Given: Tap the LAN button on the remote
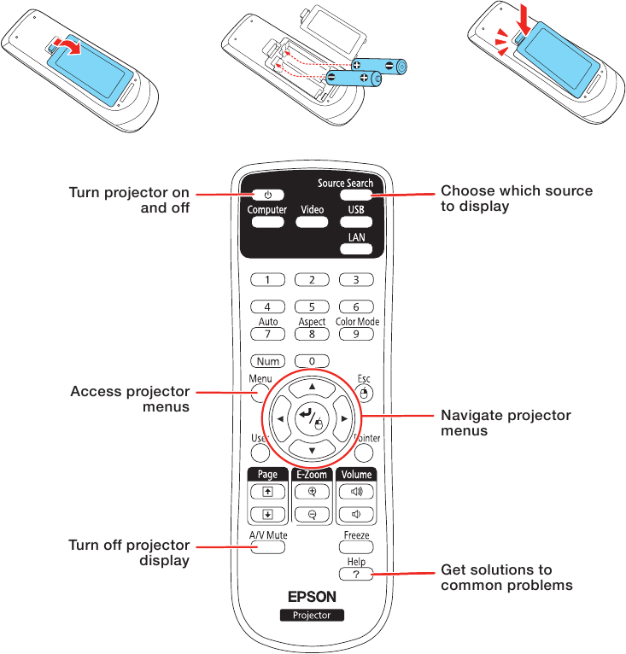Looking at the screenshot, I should click(x=356, y=249).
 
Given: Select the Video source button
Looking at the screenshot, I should click(x=312, y=222).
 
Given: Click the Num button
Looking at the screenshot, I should click(x=267, y=361).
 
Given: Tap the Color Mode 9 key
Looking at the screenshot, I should click(x=356, y=335).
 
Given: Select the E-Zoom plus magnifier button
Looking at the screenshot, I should click(x=312, y=492).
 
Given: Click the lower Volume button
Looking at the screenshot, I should click(x=356, y=514).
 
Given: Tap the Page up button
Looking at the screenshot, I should click(x=267, y=492).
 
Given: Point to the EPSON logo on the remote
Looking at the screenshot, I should click(x=312, y=596).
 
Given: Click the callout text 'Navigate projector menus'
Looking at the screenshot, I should click(x=505, y=423).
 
